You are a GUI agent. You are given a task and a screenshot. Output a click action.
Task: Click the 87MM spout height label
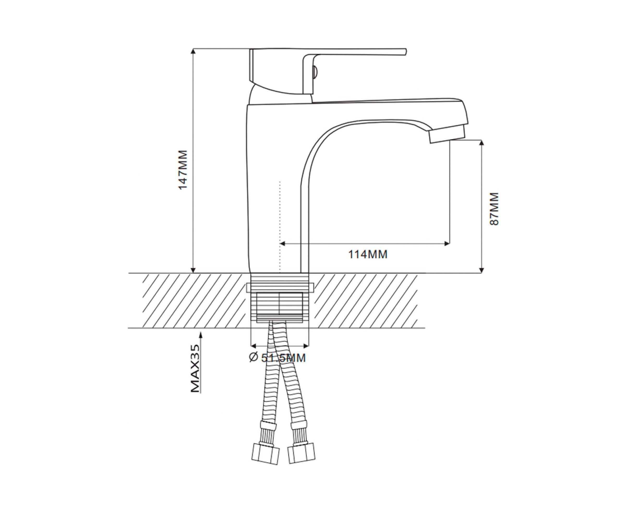(494, 209)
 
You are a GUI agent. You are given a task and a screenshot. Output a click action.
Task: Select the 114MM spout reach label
(368, 254)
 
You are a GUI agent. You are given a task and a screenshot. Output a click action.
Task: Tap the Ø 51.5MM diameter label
(277, 358)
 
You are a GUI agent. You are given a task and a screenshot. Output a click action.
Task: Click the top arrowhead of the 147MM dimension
(193, 51)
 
